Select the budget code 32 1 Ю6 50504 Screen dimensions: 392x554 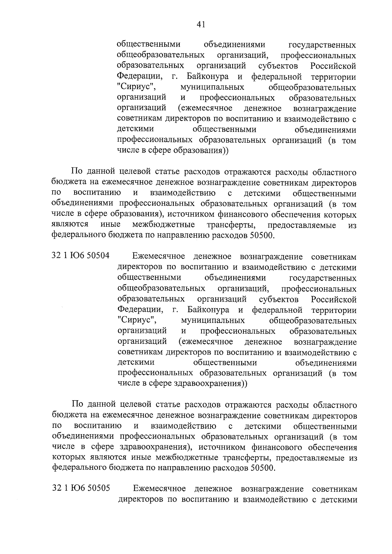(81, 256)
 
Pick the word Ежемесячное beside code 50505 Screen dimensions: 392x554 (160, 489)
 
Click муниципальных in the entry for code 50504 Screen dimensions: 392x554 (213, 320)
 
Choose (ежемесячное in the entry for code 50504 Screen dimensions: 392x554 (206, 341)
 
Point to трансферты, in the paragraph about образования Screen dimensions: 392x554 (231, 225)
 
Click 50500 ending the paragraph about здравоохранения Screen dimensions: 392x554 (263, 468)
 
